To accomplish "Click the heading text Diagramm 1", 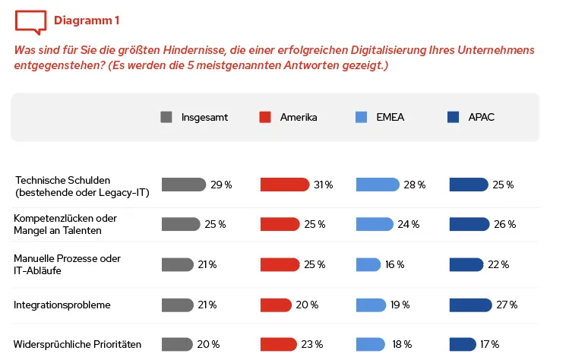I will point(86,21).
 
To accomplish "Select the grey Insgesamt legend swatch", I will point(166,117).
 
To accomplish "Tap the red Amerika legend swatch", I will point(265,117).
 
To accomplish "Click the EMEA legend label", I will point(390,117).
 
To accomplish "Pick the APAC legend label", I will point(481,117).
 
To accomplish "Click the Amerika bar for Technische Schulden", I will point(285,185).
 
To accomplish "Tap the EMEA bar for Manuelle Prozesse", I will point(368,264).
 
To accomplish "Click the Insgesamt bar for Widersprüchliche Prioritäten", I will point(178,344).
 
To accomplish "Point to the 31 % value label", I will point(323,185).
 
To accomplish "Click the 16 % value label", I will point(394,264).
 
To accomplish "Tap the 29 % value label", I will point(221,185).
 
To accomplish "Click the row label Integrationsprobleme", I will point(62,305).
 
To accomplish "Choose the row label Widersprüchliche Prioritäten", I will point(77,345).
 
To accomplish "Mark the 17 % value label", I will point(489,344).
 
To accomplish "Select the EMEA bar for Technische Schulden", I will point(378,185).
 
